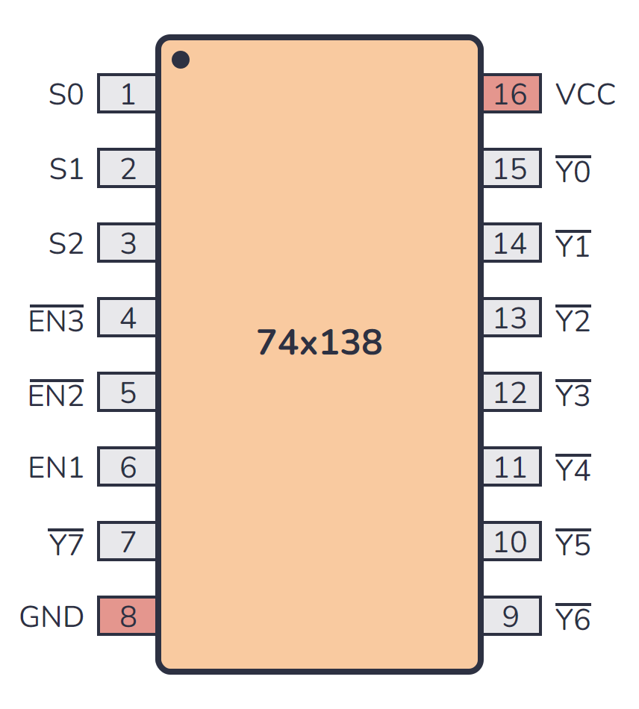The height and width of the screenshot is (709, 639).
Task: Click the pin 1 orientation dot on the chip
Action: coord(181,60)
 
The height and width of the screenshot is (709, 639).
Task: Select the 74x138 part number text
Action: coord(319,343)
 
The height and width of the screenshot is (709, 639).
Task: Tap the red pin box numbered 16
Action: coord(511,95)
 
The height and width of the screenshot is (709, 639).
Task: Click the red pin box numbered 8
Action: coord(128,617)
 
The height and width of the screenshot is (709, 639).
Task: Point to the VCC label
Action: coord(585,95)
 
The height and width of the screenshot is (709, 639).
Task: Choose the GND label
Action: coord(52,617)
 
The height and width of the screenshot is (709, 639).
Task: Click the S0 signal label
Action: coord(66,95)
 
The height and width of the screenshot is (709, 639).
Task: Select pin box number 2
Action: coord(128,169)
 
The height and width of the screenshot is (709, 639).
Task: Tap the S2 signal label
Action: coord(66,244)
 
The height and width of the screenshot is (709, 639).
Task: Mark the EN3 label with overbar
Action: coord(56,320)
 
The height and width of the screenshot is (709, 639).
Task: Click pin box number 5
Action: coord(128,393)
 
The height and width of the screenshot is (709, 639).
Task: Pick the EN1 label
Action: coord(56,468)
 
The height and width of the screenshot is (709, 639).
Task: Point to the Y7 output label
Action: coord(66,544)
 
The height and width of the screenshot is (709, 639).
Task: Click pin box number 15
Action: coord(511,169)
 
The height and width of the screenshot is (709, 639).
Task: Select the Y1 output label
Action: coord(573,246)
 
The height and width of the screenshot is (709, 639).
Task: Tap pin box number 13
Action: coord(511,319)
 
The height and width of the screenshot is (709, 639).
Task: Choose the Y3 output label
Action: coord(573,395)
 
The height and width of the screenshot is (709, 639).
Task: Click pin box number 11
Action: coord(511,468)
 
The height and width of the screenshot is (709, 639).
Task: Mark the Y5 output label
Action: coord(573,544)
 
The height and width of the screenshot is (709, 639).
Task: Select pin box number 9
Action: coord(511,617)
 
